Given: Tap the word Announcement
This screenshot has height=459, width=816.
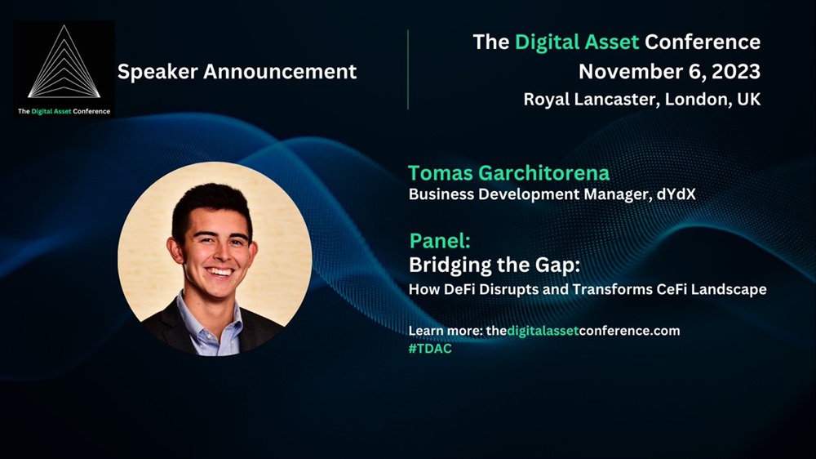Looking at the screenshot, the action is click(x=280, y=71).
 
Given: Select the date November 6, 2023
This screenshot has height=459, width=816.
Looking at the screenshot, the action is click(x=669, y=72).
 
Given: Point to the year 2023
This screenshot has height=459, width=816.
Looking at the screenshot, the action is click(x=736, y=71).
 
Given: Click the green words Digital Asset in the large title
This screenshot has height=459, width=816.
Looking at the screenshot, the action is click(x=577, y=42).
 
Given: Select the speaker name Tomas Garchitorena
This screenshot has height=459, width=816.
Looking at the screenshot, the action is click(x=508, y=173).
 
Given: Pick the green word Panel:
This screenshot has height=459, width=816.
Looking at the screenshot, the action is click(x=440, y=241).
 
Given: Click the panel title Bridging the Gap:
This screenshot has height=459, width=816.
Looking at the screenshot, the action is click(x=494, y=265).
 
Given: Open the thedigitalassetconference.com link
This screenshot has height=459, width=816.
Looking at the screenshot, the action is click(x=583, y=331).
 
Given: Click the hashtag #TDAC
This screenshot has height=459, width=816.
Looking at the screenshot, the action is click(x=430, y=349).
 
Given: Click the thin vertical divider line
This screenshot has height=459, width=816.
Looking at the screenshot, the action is click(x=408, y=69).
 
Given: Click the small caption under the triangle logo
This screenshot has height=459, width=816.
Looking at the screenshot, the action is click(x=64, y=111).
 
